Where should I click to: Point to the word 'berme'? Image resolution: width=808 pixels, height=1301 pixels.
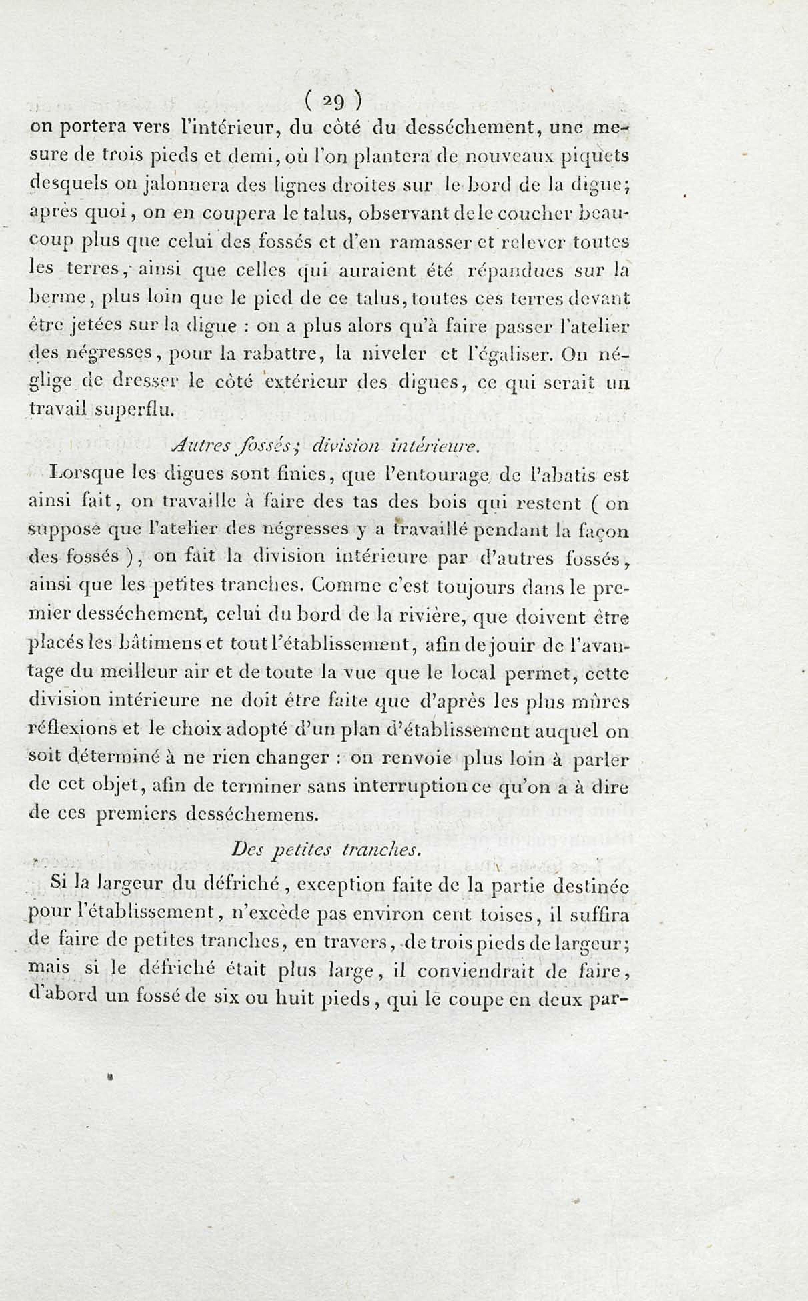(x=57, y=297)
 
